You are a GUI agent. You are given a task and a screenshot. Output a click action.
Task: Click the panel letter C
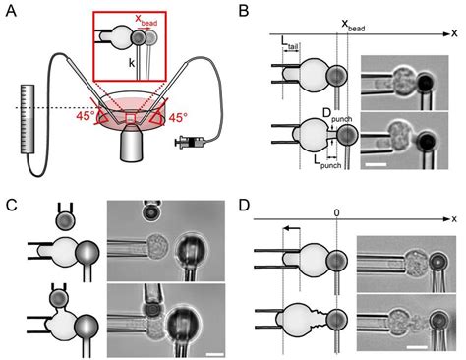(11, 205)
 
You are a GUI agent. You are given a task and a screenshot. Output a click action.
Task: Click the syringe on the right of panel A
(188, 145)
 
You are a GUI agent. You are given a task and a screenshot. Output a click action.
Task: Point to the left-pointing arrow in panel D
(294, 227)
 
